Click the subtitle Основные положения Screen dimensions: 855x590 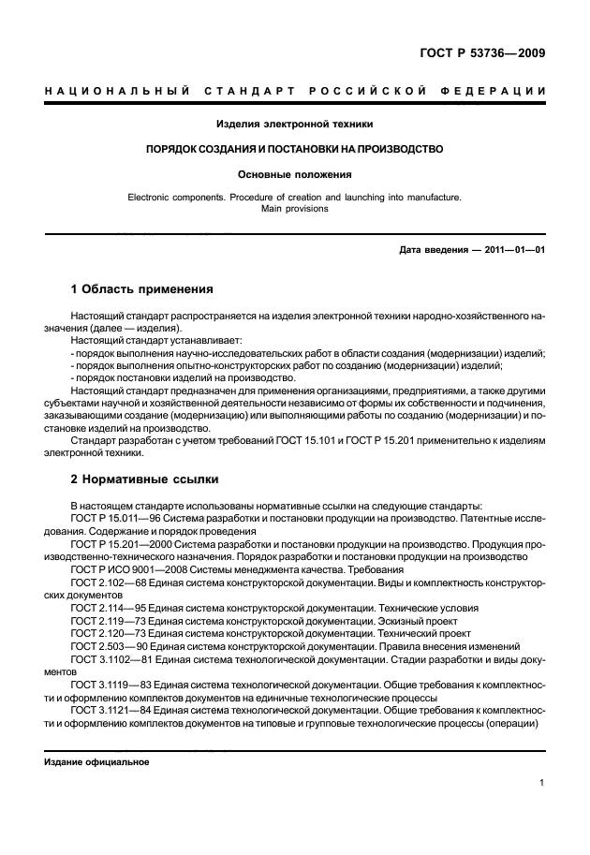click(x=294, y=173)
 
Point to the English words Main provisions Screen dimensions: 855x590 click(x=294, y=210)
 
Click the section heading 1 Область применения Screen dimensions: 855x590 click(x=142, y=288)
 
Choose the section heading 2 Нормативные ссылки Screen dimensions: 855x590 click(x=145, y=479)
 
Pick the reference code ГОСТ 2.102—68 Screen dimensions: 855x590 click(x=103, y=582)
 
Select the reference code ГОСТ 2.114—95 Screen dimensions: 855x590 click(x=103, y=608)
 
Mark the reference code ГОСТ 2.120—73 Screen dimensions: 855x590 click(x=103, y=634)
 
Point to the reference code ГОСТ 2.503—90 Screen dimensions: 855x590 click(x=103, y=647)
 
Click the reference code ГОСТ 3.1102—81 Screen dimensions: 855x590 click(x=107, y=660)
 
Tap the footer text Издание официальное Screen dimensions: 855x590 click(x=96, y=762)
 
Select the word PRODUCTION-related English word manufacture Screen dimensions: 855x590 click(x=431, y=199)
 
